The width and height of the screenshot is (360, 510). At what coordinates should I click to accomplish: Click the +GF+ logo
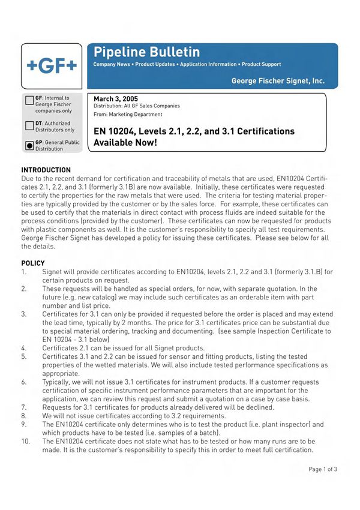point(51,67)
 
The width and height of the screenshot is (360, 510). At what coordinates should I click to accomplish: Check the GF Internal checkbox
point(29,101)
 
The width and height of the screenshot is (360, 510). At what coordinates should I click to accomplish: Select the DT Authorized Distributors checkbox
point(29,126)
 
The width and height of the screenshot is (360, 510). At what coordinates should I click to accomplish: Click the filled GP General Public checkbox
point(29,146)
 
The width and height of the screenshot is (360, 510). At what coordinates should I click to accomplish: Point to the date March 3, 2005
point(116,98)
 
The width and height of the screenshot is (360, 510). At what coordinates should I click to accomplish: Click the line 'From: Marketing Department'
point(128,114)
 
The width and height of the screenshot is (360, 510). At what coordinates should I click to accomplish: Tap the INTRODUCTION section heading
point(46,170)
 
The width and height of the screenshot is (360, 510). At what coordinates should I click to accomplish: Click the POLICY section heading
point(33,263)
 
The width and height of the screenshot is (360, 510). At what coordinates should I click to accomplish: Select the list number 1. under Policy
point(24,272)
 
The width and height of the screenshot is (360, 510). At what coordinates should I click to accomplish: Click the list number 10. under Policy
point(26,440)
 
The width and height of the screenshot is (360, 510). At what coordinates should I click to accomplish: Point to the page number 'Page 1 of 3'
point(323,469)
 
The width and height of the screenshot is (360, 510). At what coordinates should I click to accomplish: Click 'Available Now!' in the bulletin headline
point(125,143)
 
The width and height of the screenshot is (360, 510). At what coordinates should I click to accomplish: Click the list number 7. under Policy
point(24,407)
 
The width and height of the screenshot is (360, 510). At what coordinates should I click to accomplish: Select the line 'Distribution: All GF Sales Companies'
point(137,106)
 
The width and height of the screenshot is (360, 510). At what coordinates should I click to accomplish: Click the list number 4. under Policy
point(24,347)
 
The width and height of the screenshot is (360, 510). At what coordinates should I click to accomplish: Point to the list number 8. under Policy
point(24,415)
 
